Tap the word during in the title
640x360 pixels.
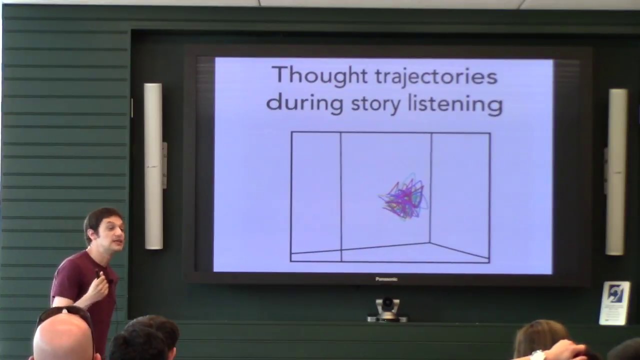click(x=304, y=103)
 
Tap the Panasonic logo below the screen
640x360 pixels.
click(x=386, y=279)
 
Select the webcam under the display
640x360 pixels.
click(x=387, y=308)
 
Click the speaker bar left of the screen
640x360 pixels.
click(x=153, y=166)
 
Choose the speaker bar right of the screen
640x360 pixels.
click(x=617, y=171)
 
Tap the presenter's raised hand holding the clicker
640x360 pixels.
click(x=99, y=285)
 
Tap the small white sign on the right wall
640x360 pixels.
click(x=614, y=302)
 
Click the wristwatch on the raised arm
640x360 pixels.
click(x=537, y=355)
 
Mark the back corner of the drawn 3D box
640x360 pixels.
click(x=430, y=243)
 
